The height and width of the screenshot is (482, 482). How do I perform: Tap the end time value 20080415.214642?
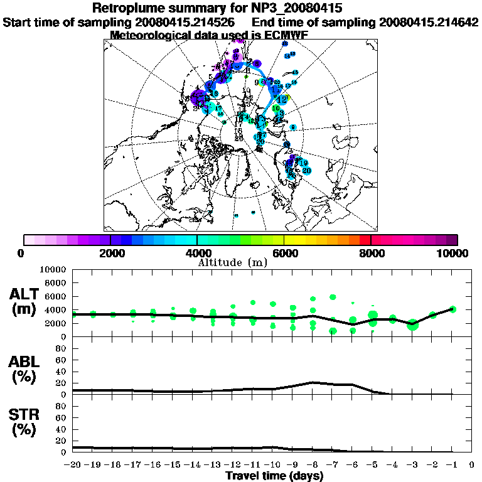pyautogui.click(x=429, y=22)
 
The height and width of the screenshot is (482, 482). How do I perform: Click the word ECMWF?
pyautogui.click(x=285, y=35)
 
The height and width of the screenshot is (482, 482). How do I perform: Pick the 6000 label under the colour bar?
pyautogui.click(x=284, y=254)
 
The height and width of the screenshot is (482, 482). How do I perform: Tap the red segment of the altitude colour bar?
pyautogui.click(x=365, y=240)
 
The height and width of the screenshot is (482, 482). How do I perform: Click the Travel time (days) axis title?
pyautogui.click(x=274, y=476)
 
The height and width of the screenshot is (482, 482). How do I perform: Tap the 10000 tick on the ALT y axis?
pyautogui.click(x=55, y=269)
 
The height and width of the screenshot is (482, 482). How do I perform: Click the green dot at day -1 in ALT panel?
pyautogui.click(x=453, y=309)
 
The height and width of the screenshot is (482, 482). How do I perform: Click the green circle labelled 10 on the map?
pyautogui.click(x=276, y=108)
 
